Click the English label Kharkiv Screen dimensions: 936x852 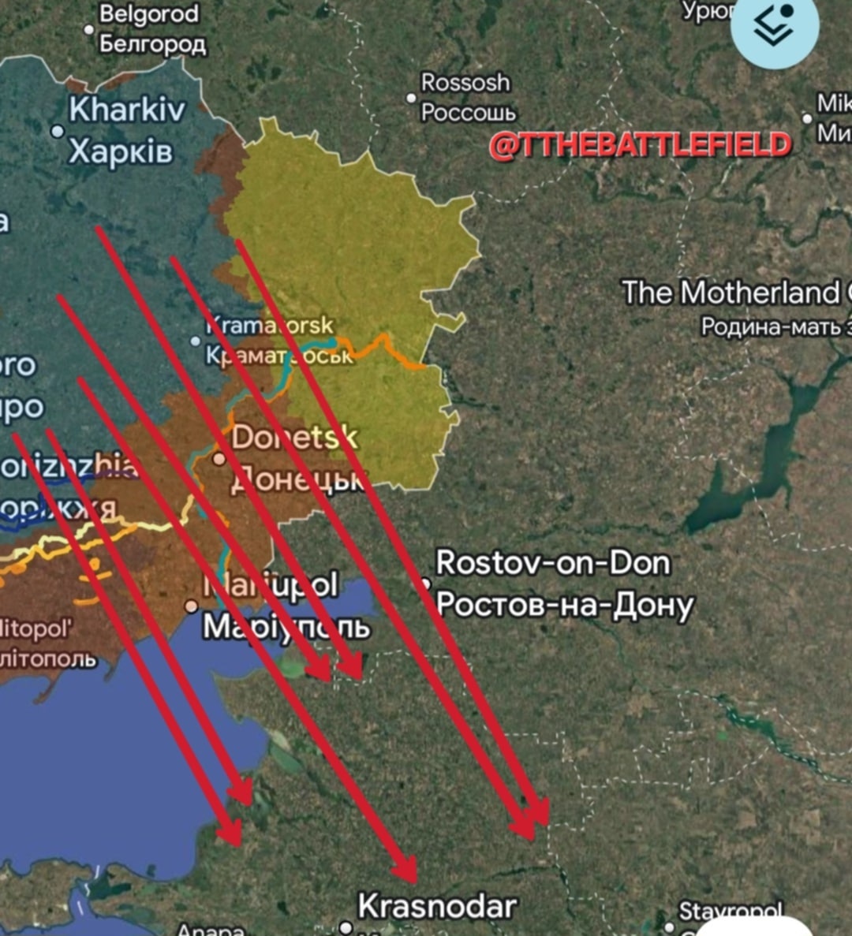click(127, 110)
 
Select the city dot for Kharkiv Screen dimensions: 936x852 click(58, 131)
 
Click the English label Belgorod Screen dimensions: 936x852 click(149, 14)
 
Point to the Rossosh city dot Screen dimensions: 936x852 click(411, 99)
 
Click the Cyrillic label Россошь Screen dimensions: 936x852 click(469, 113)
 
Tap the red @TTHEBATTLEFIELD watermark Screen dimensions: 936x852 click(640, 145)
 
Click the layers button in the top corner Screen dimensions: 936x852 click(774, 26)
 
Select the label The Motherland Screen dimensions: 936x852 click(731, 293)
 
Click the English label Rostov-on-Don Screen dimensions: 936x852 click(553, 563)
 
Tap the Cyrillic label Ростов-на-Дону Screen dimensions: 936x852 click(565, 605)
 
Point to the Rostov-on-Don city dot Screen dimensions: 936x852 click(426, 584)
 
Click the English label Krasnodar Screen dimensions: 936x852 click(437, 906)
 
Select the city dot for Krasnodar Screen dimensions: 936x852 click(346, 927)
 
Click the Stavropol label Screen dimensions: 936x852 click(731, 912)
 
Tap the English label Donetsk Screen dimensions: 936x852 click(294, 437)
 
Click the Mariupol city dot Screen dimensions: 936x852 click(191, 606)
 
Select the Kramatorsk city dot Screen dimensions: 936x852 click(196, 341)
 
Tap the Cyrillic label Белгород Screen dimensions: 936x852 click(153, 43)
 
